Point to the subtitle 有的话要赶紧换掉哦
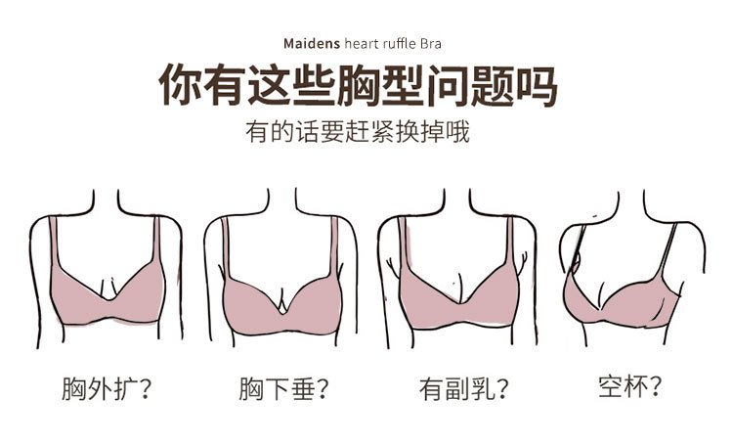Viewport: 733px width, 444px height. click(x=358, y=132)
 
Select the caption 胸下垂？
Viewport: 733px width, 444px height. click(x=282, y=388)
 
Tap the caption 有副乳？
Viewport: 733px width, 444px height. click(x=463, y=388)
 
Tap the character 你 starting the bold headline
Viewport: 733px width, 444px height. click(x=183, y=87)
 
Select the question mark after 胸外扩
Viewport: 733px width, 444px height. click(x=143, y=389)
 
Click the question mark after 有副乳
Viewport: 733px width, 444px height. click(x=500, y=389)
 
